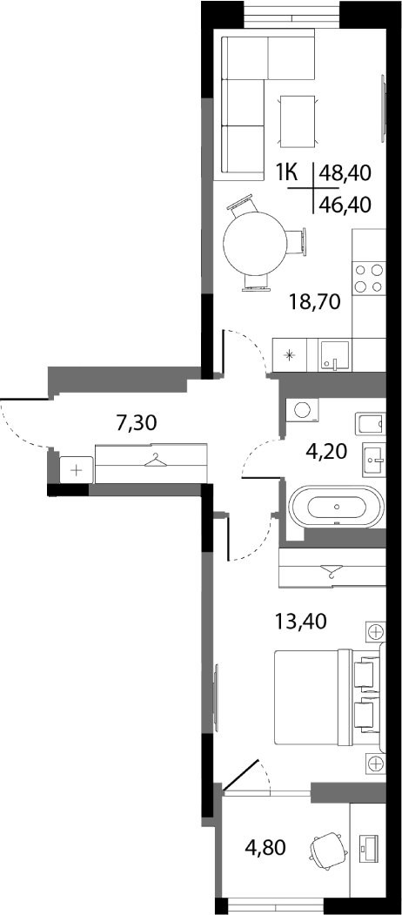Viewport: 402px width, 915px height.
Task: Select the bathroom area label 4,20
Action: click(331, 451)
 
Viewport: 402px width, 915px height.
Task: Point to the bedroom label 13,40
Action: click(301, 621)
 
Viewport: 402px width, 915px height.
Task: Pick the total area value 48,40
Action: click(345, 172)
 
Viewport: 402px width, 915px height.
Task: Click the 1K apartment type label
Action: click(287, 172)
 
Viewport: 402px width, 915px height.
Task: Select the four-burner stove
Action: click(369, 279)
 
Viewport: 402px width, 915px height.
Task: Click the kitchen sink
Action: click(335, 355)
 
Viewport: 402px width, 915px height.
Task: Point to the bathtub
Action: click(338, 506)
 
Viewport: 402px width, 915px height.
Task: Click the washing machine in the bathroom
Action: click(302, 410)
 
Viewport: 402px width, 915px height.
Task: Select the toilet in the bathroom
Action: click(371, 421)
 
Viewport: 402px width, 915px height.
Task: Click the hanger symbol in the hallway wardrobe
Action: click(155, 461)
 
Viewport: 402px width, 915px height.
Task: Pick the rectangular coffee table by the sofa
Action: click(299, 121)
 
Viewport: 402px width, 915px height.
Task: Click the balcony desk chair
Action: click(327, 849)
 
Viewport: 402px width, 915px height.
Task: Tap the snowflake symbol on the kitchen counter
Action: click(290, 355)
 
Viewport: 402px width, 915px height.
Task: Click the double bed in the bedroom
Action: click(327, 696)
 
